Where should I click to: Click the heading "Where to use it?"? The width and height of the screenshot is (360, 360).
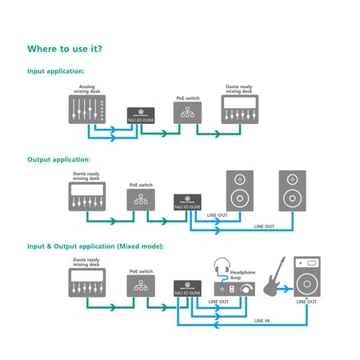tap(65, 49)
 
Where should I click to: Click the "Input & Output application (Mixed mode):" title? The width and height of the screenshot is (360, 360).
tap(95, 246)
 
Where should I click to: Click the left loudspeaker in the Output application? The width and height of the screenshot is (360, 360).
tap(240, 191)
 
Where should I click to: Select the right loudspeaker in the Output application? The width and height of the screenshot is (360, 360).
tap(292, 191)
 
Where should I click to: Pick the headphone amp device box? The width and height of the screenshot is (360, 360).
tap(233, 289)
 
